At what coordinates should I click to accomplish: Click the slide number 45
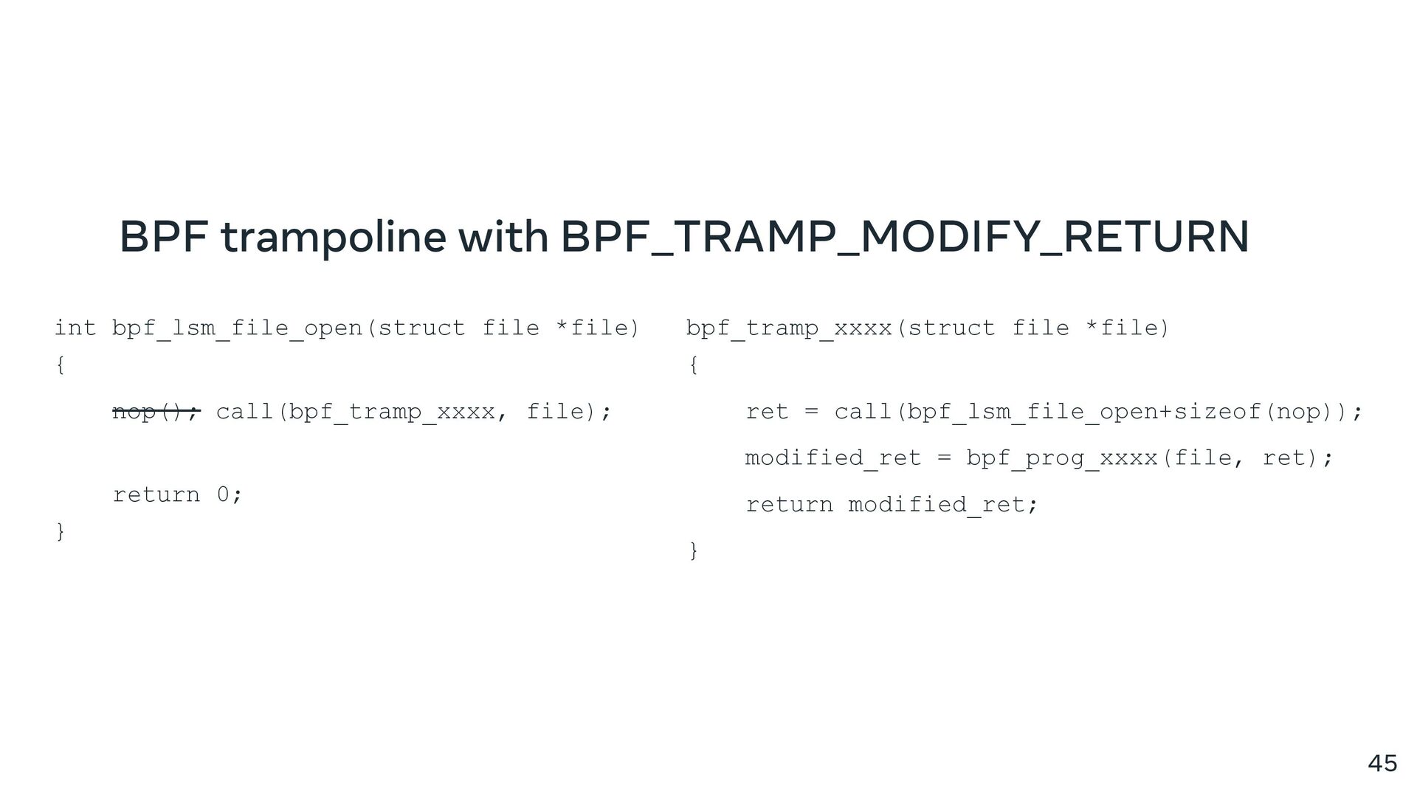click(1382, 763)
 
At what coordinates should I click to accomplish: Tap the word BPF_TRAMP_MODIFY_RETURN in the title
click(905, 237)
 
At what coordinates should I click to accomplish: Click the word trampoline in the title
click(333, 237)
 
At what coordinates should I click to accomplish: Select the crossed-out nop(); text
click(156, 411)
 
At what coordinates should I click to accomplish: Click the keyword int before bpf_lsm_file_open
click(75, 328)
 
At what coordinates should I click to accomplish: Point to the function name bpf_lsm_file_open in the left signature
click(237, 328)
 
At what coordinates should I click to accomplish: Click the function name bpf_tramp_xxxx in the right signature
click(789, 328)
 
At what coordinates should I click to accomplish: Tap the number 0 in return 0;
click(223, 494)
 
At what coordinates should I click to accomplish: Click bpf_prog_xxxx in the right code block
click(1062, 458)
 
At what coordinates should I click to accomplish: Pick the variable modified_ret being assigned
click(833, 458)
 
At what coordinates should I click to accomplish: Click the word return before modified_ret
click(789, 505)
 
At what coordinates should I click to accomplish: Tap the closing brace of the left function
click(61, 531)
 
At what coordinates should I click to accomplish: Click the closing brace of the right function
click(693, 550)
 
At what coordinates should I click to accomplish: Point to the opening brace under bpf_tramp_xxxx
click(693, 365)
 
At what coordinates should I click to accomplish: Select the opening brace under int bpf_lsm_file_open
click(61, 365)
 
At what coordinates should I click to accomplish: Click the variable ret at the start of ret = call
click(767, 411)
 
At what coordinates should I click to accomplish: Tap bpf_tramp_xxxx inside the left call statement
click(392, 411)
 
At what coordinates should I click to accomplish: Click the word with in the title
click(503, 237)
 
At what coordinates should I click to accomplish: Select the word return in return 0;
click(156, 494)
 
